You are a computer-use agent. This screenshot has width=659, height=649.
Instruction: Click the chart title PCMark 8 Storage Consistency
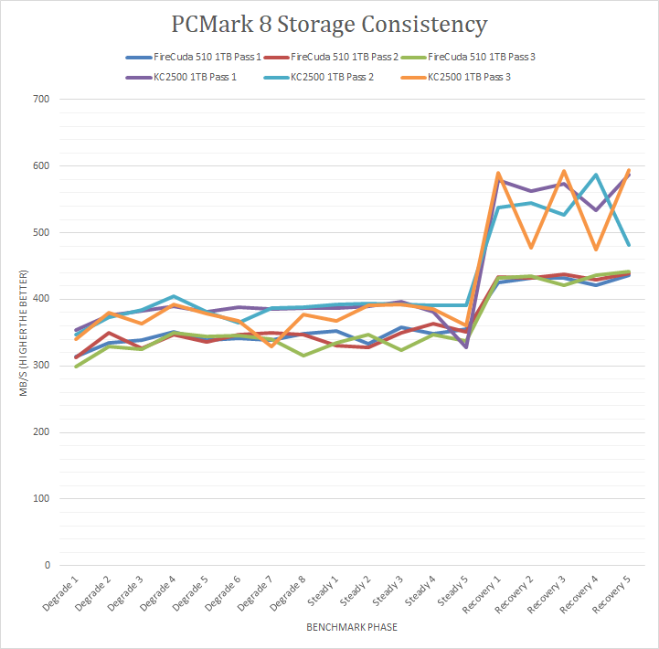tap(330, 24)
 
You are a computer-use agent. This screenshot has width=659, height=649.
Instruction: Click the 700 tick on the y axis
tap(40, 99)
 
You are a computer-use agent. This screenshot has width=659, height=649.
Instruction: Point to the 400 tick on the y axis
tap(40, 299)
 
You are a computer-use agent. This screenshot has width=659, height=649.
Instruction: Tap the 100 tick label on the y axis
tap(40, 498)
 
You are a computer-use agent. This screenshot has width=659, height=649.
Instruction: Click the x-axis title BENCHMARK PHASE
tap(351, 628)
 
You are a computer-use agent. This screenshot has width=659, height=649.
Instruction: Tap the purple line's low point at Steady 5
tap(465, 347)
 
